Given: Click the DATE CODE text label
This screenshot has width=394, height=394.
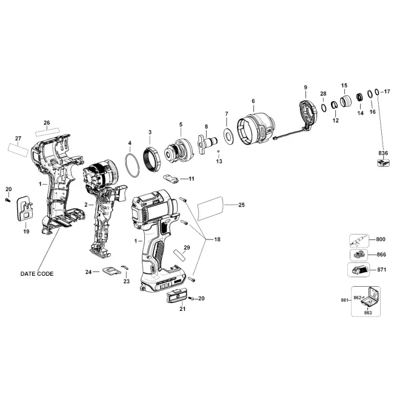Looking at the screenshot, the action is (x=37, y=273).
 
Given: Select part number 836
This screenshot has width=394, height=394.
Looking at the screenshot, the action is (x=383, y=153).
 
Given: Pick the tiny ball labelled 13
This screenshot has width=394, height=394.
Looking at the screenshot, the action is (x=218, y=152).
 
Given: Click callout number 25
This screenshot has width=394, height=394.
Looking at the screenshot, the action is (x=241, y=205).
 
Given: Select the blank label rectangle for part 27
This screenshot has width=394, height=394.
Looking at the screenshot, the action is (x=18, y=150).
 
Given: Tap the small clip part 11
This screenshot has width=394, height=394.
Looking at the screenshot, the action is (x=171, y=179).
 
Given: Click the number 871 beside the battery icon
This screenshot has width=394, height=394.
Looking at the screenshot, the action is (x=381, y=270).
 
